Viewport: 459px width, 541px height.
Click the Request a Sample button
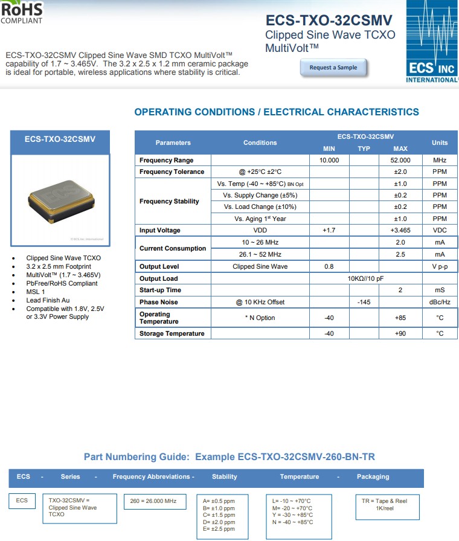click(333, 68)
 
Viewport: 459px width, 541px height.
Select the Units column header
click(440, 142)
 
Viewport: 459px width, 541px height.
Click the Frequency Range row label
click(167, 160)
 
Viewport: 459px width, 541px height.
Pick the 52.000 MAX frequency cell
click(400, 160)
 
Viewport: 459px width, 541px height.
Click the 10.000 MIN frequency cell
click(329, 160)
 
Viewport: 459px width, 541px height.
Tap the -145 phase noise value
click(364, 302)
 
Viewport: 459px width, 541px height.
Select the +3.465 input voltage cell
click(400, 230)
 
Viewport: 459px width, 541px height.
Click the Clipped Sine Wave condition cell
click(260, 266)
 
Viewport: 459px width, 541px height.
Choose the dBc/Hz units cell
click(440, 302)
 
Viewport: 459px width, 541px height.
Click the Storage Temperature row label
click(172, 333)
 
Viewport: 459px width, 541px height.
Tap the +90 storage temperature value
click(400, 333)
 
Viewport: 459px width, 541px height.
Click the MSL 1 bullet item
click(37, 292)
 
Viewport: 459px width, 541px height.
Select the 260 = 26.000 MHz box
click(153, 501)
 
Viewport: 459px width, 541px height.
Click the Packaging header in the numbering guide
click(373, 476)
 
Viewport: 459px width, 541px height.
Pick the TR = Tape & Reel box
click(386, 505)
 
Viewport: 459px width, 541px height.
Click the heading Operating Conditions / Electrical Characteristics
click(277, 112)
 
